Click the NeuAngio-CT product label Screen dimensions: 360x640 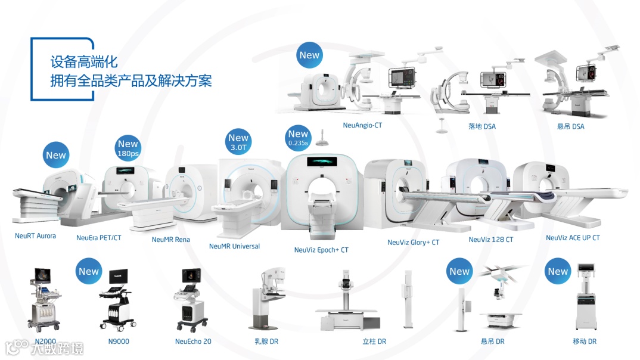click(x=362, y=126)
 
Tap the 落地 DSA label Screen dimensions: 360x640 click(x=481, y=126)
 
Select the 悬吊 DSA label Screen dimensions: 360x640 click(x=570, y=126)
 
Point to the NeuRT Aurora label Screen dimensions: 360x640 click(x=35, y=236)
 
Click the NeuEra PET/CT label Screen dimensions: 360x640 click(x=98, y=238)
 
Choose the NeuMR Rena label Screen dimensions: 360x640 click(x=170, y=240)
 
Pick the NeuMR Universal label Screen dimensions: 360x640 click(x=234, y=246)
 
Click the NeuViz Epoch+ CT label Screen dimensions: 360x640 click(x=321, y=250)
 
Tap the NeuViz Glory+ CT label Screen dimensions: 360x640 click(x=413, y=243)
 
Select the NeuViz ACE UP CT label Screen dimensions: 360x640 click(x=572, y=238)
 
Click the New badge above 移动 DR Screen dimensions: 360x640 click(x=558, y=272)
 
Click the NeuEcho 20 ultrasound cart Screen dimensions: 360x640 click(x=192, y=300)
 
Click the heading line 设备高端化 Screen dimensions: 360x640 click(x=84, y=62)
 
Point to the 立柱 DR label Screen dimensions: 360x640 click(x=374, y=342)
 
